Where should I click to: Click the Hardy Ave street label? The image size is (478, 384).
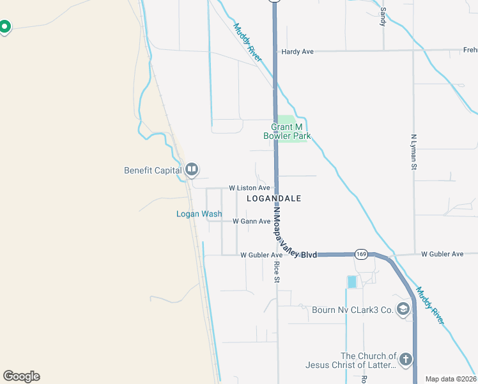click(x=298, y=51)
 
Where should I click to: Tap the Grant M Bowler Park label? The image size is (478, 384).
click(x=287, y=131)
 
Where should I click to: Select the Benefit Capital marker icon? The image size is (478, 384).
click(x=192, y=170)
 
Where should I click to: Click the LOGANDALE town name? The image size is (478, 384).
click(x=274, y=199)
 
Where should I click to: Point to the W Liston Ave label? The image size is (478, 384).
click(x=250, y=188)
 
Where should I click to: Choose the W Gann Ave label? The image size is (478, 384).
click(x=251, y=221)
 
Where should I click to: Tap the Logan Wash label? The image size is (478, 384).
click(x=199, y=214)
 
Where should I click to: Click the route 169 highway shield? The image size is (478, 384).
click(x=361, y=254)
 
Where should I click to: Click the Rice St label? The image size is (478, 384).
click(x=277, y=271)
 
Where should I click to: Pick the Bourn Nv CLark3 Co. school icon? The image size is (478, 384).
click(x=403, y=310)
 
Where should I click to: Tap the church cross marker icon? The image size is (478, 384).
click(x=406, y=360)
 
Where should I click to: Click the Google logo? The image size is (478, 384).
click(x=21, y=376)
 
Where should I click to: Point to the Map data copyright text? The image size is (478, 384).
click(x=451, y=379)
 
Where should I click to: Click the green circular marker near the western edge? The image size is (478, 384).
click(x=4, y=27)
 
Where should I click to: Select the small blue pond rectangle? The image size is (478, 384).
click(x=352, y=282)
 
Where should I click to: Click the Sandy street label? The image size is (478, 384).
click(x=383, y=16)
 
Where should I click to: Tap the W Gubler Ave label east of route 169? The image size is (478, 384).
click(x=442, y=254)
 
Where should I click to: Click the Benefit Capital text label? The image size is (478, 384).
click(x=153, y=170)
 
